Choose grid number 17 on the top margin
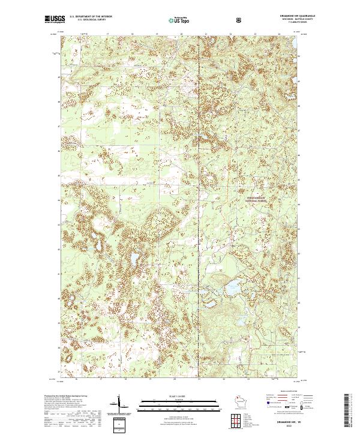[x=107, y=35]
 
